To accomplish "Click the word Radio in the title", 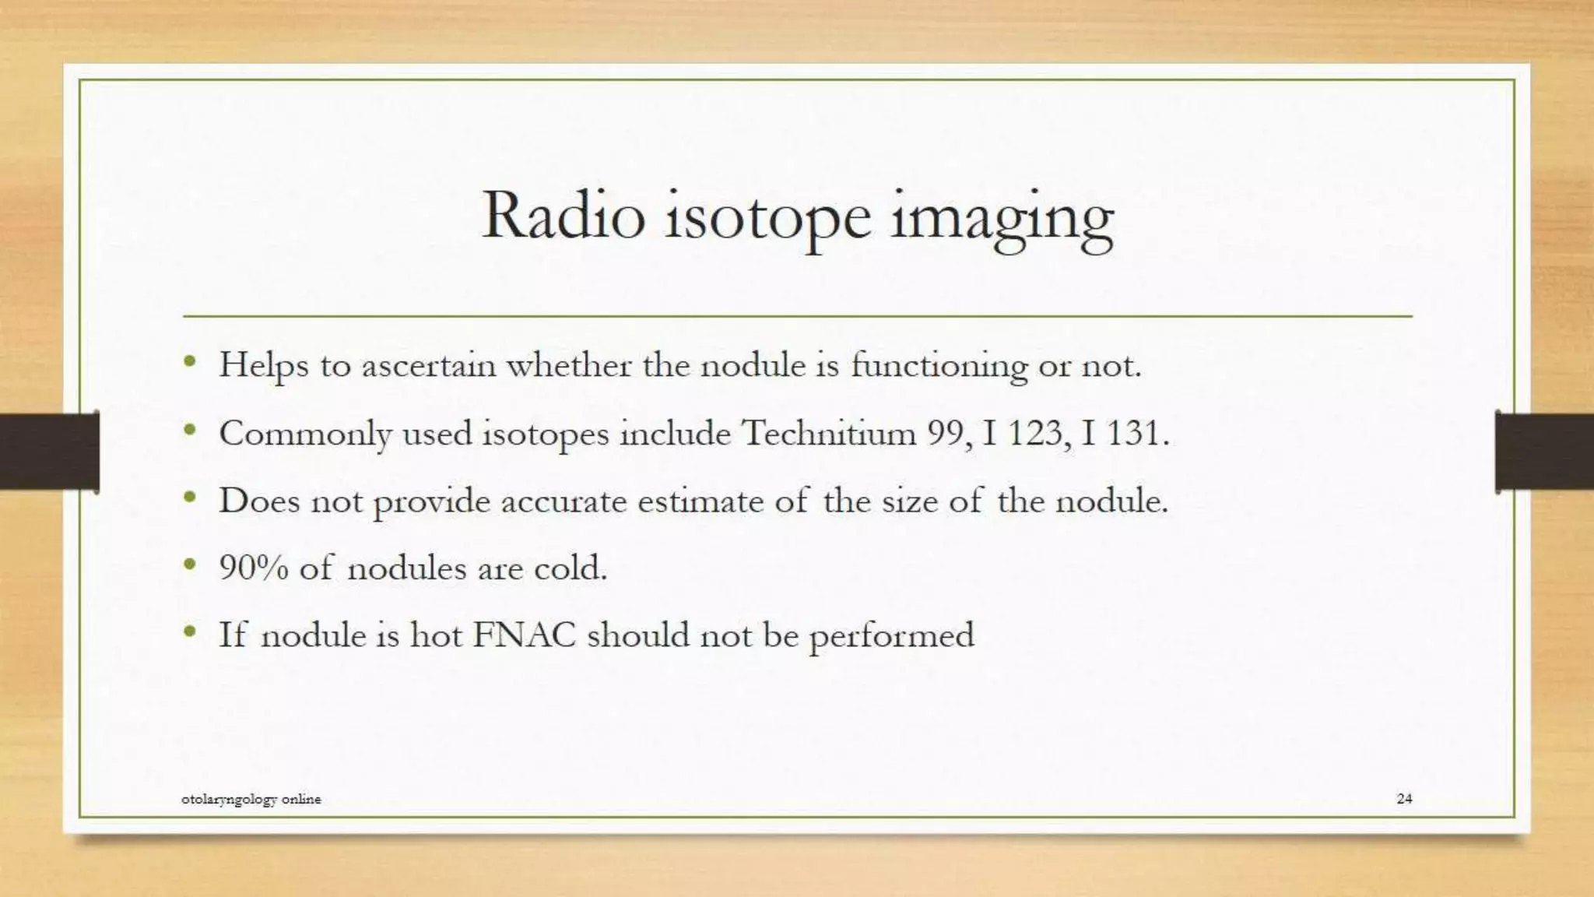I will pyautogui.click(x=564, y=216).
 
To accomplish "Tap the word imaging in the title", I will pyautogui.click(x=1002, y=218).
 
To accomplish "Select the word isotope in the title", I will pyautogui.click(x=767, y=218).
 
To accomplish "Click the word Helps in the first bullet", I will pyautogui.click(x=264, y=365).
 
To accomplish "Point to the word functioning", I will pyautogui.click(x=939, y=365).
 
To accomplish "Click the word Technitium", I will pyautogui.click(x=829, y=433).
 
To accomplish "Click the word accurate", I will pyautogui.click(x=564, y=501).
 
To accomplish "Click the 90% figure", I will pyautogui.click(x=254, y=568).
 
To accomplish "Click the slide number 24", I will pyautogui.click(x=1404, y=798).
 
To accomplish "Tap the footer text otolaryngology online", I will pyautogui.click(x=251, y=799).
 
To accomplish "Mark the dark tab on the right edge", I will pyautogui.click(x=1544, y=452).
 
